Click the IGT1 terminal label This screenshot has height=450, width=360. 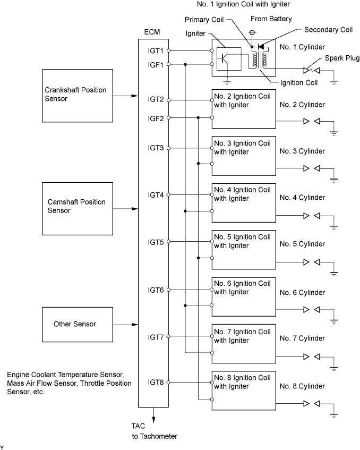point(156,51)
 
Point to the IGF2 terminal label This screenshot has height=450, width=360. point(156,118)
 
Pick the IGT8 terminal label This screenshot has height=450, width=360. point(156,383)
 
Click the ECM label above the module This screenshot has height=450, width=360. point(152,32)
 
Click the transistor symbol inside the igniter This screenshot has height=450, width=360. point(226,59)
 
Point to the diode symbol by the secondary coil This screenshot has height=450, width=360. point(261,47)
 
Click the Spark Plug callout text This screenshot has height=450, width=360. point(342,58)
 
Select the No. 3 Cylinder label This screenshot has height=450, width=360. point(302,151)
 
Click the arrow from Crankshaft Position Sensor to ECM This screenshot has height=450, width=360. point(126,96)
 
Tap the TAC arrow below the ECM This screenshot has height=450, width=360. point(153,415)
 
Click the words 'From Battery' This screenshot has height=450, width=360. point(271,19)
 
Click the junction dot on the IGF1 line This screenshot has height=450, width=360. point(185,64)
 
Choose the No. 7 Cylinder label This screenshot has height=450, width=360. point(302,338)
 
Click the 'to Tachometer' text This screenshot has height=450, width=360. point(155,436)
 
